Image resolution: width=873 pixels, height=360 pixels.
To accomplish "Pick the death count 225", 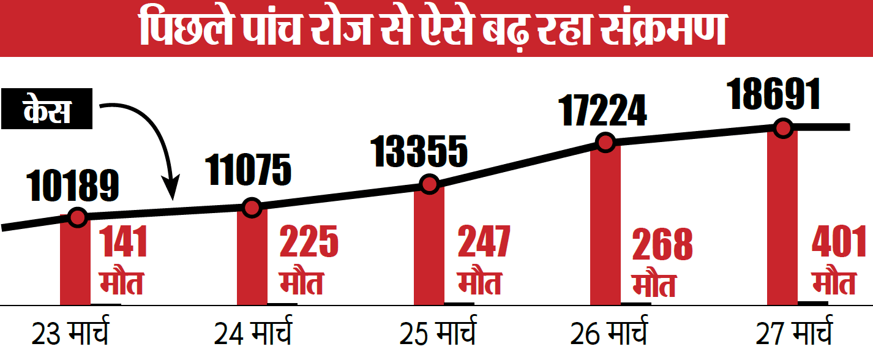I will pyautogui.click(x=309, y=242).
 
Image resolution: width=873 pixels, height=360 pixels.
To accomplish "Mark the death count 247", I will pyautogui.click(x=484, y=242).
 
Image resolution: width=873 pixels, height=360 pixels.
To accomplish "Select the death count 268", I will pyautogui.click(x=662, y=244).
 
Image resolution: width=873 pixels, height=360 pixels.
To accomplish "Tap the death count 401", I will pyautogui.click(x=839, y=242).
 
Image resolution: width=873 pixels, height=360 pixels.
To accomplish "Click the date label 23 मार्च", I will pyautogui.click(x=70, y=335).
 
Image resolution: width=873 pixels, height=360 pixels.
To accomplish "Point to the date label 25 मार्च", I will pyautogui.click(x=437, y=335).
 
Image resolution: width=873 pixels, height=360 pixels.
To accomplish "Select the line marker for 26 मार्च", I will pyautogui.click(x=605, y=143).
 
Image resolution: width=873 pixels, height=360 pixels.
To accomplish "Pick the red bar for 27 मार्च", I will pyautogui.click(x=782, y=220).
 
